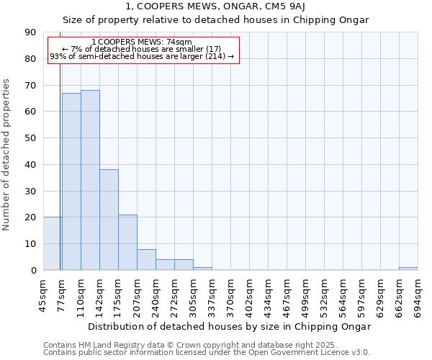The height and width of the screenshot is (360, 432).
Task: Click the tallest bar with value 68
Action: click(90, 180)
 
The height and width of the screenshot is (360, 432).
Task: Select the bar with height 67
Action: click(71, 181)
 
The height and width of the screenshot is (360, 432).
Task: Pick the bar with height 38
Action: click(109, 220)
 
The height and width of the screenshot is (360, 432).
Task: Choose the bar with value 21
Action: click(127, 242)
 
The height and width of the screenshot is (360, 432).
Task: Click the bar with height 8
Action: click(146, 259)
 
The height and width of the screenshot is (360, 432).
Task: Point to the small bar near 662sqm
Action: click(408, 269)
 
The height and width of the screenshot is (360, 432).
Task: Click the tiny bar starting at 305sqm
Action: click(202, 269)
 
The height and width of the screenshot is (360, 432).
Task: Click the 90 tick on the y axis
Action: click(30, 32)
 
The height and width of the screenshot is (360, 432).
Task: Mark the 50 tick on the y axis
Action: click(30, 138)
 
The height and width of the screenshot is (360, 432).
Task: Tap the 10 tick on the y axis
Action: click(30, 244)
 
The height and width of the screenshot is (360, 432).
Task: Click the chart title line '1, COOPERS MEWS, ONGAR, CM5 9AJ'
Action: click(216, 6)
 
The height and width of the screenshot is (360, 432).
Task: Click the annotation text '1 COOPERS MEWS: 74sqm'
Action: click(143, 42)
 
